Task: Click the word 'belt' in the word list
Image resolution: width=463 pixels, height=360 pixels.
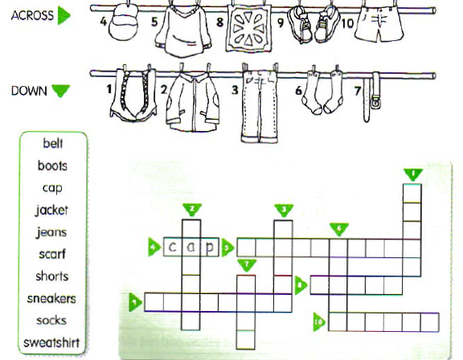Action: pyautogui.click(x=53, y=143)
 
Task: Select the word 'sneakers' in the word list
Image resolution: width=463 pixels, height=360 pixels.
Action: pyautogui.click(x=51, y=299)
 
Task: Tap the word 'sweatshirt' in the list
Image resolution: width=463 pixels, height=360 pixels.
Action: pyautogui.click(x=51, y=342)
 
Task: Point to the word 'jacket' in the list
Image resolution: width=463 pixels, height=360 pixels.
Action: pyautogui.click(x=51, y=211)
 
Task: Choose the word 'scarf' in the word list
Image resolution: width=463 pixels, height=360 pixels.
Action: pyautogui.click(x=52, y=254)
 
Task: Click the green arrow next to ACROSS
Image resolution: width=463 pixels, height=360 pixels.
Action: pyautogui.click(x=64, y=15)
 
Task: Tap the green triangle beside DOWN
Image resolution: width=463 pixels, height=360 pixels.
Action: pyautogui.click(x=61, y=91)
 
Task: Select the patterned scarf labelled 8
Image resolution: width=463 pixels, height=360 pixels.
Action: pyautogui.click(x=248, y=29)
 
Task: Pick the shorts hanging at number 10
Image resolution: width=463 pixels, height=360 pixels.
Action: pyautogui.click(x=379, y=24)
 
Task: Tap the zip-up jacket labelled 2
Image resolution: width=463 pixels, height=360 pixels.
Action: pyautogui.click(x=192, y=101)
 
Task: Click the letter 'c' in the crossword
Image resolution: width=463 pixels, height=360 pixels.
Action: pyautogui.click(x=172, y=247)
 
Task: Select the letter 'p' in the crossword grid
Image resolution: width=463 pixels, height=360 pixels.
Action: pyautogui.click(x=209, y=247)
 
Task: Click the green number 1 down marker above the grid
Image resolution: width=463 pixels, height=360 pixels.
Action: pyautogui.click(x=413, y=174)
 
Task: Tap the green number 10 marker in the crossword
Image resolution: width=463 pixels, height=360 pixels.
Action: pyautogui.click(x=319, y=321)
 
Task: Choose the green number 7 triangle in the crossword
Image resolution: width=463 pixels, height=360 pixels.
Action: pyautogui.click(x=247, y=265)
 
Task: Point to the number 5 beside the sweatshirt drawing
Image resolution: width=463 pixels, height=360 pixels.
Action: pyautogui.click(x=154, y=22)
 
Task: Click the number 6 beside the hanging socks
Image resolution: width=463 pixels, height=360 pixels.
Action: pyautogui.click(x=298, y=91)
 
